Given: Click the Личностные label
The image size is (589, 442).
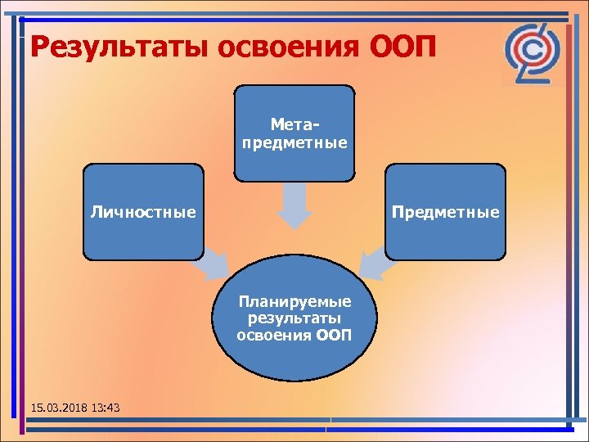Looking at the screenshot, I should [143, 213].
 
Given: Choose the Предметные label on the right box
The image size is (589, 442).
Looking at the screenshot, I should [445, 213].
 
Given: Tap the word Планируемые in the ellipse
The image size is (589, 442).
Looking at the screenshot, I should [294, 302].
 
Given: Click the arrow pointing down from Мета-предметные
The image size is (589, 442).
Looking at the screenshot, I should [294, 205].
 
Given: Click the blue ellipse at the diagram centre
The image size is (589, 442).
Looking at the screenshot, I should [294, 360].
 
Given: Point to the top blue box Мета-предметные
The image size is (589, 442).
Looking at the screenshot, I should [294, 102].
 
